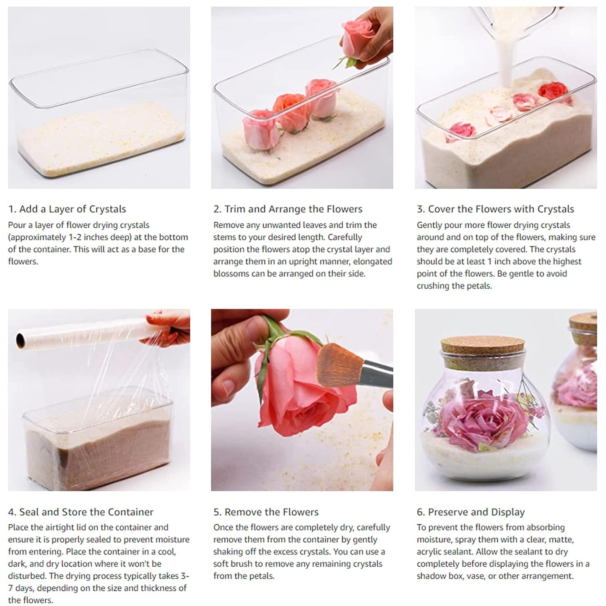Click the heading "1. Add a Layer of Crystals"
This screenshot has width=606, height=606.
pos(67,209)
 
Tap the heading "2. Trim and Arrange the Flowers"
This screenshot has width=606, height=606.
pos(288,209)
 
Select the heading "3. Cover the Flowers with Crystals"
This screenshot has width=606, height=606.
pos(495,209)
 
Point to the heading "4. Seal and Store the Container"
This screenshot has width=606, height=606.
pos(81,512)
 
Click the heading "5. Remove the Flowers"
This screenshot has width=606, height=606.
pos(266,512)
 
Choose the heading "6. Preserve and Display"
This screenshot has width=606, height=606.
pos(471,512)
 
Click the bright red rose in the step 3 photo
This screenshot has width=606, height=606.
pos(554,91)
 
